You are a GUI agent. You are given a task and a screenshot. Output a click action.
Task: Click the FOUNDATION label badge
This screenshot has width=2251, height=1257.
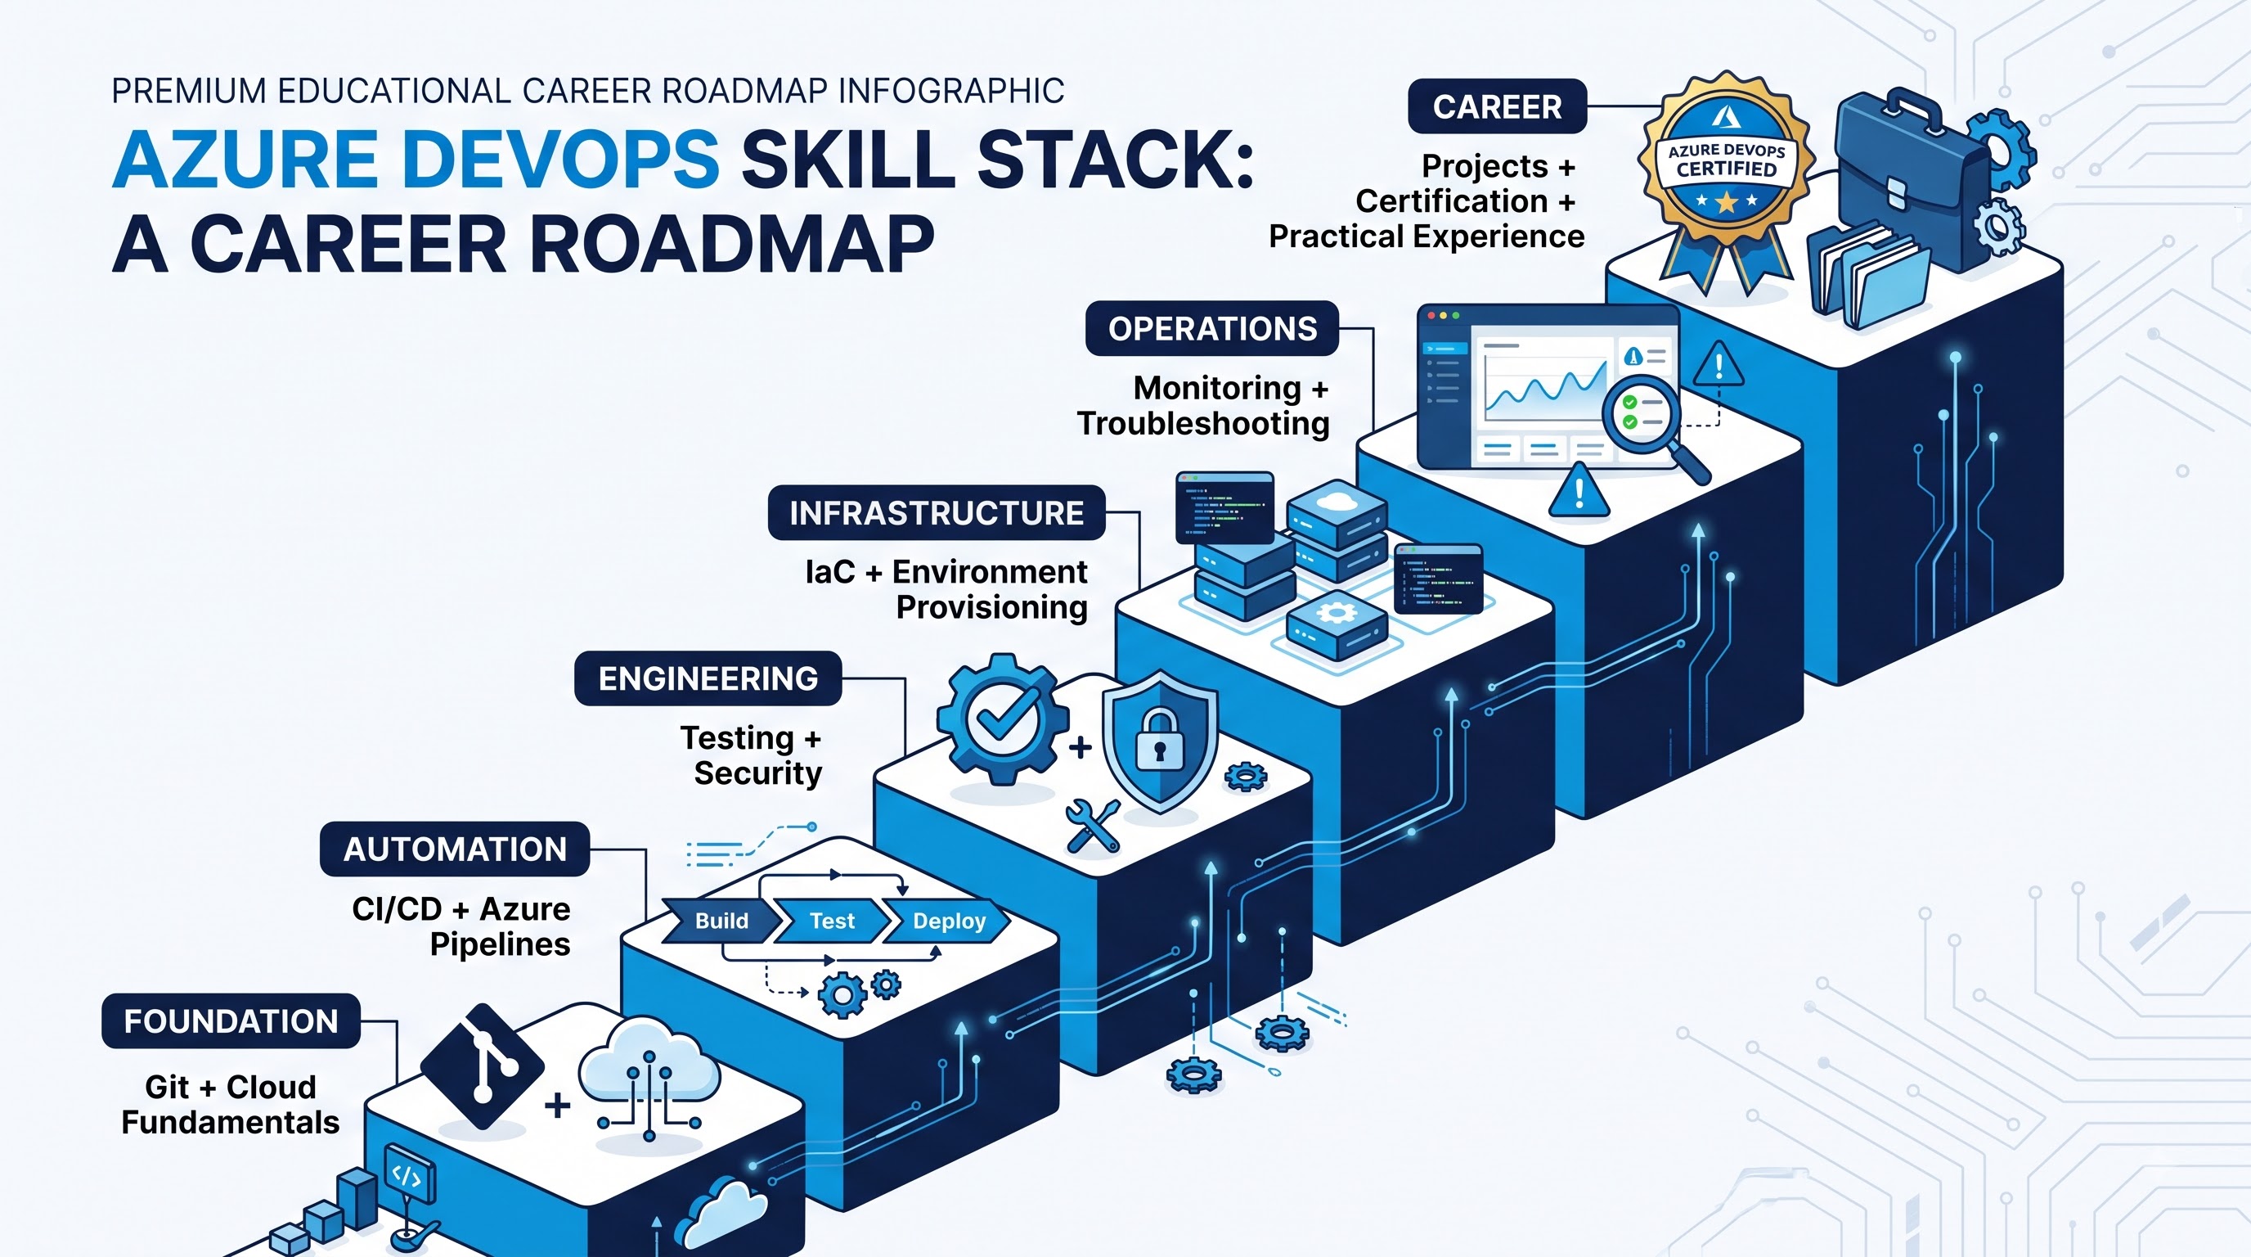[x=231, y=1021]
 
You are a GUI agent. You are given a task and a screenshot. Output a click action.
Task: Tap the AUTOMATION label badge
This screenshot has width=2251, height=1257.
[x=455, y=849]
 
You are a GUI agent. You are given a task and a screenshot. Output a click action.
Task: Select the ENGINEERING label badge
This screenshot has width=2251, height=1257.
[x=708, y=678]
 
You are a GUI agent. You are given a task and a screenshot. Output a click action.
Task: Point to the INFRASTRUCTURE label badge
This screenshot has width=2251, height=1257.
[x=937, y=513]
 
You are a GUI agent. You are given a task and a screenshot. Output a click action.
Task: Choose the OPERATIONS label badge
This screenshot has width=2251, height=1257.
[x=1212, y=329]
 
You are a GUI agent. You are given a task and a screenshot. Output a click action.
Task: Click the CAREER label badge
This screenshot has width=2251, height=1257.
[x=1497, y=106]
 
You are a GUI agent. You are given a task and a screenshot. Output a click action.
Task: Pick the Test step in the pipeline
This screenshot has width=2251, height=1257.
[x=832, y=921]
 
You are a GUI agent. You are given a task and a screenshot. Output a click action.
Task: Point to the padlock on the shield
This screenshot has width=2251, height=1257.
[x=1160, y=740]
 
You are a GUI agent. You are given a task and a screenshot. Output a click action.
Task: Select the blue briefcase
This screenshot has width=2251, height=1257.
[x=1902, y=183]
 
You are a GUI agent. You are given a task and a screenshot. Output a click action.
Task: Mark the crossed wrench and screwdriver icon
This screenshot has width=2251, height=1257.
[x=1092, y=825]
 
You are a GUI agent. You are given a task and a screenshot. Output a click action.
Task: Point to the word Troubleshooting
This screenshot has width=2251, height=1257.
[x=1203, y=424]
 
